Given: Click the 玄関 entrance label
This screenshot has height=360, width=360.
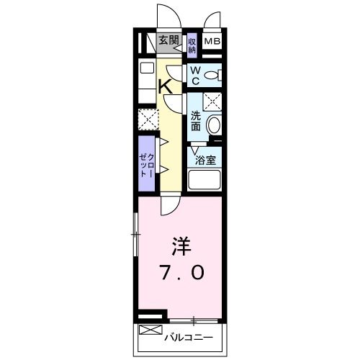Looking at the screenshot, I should [169, 40].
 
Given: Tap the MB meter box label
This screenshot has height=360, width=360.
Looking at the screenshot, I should [212, 41].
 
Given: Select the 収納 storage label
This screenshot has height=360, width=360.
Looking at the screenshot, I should [192, 45].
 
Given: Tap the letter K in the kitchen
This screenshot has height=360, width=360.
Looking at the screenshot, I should [164, 86].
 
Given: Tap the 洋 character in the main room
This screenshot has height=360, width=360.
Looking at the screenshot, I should [181, 246].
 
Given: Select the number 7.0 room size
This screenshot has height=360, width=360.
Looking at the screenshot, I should [182, 273].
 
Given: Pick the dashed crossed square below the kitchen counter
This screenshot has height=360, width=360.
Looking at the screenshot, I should [147, 117].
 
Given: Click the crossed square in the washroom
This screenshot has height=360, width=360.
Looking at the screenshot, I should [212, 102].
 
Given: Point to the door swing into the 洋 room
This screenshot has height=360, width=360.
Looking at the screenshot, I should [168, 205].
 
